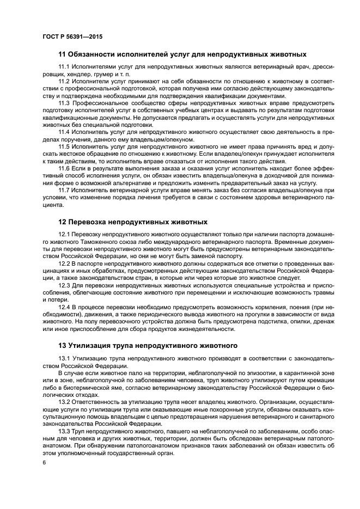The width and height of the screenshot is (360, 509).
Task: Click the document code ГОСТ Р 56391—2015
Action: click(x=72, y=36)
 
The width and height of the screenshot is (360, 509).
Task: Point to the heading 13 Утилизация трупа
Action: click(x=147, y=345)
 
